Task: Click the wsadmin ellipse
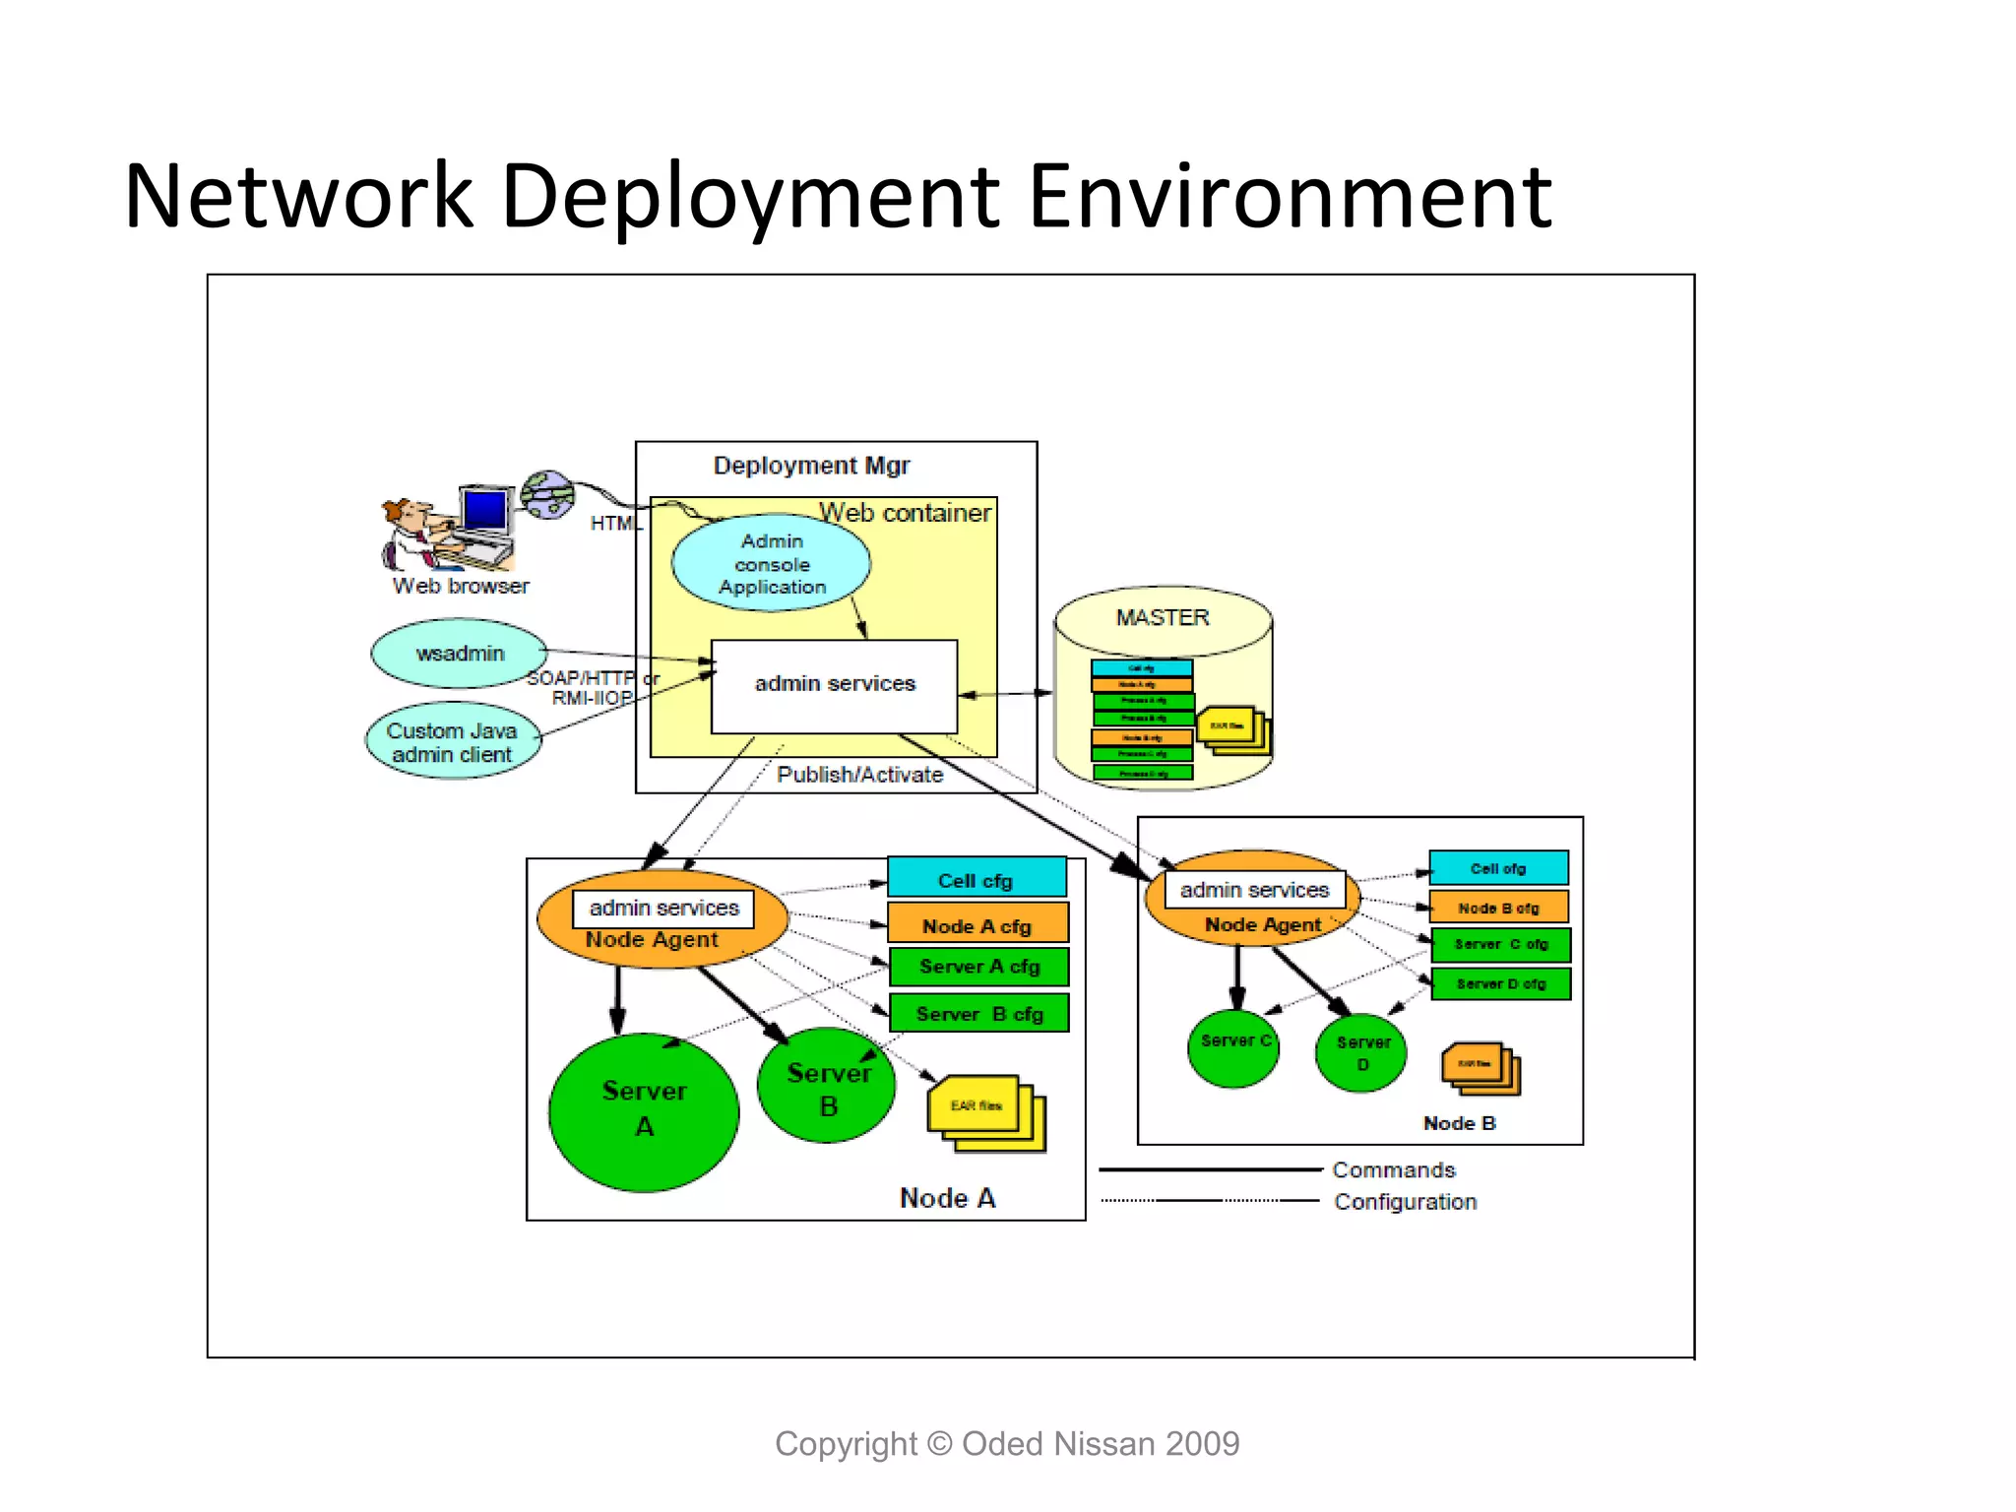pyautogui.click(x=459, y=654)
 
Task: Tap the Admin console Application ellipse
pyautogui.click(x=772, y=563)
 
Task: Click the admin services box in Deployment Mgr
pyautogui.click(x=834, y=685)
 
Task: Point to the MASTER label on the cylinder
pyautogui.click(x=1162, y=617)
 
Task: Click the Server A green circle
pyautogui.click(x=644, y=1112)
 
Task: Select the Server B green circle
pyautogui.click(x=828, y=1087)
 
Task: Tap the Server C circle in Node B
pyautogui.click(x=1233, y=1047)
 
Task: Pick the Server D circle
pyautogui.click(x=1361, y=1053)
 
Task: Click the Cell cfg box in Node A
pyautogui.click(x=976, y=879)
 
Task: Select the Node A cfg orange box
pyautogui.click(x=976, y=925)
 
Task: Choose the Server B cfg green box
pyautogui.click(x=978, y=1013)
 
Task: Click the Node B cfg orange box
pyautogui.click(x=1498, y=908)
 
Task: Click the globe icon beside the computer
pyautogui.click(x=547, y=494)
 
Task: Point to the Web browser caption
pyautogui.click(x=461, y=586)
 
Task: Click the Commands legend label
pyautogui.click(x=1393, y=1169)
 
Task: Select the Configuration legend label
pyautogui.click(x=1405, y=1202)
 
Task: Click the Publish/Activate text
pyautogui.click(x=859, y=775)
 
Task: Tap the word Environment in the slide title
pyautogui.click(x=1290, y=197)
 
